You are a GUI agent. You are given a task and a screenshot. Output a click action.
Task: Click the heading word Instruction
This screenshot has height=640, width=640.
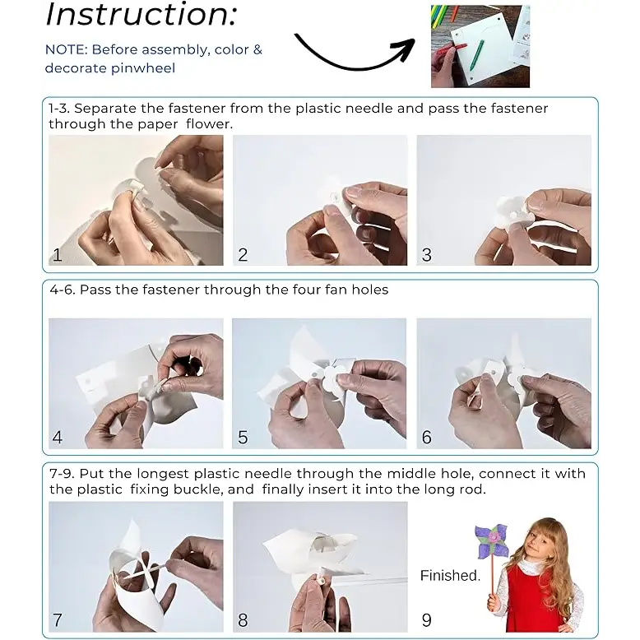[x=141, y=15]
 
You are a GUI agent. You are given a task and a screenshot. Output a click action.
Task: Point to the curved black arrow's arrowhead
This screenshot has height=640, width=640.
[x=406, y=49]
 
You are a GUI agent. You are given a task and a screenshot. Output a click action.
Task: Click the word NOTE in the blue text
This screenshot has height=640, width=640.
[x=66, y=49]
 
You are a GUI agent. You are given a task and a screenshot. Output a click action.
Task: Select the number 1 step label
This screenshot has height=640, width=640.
[x=57, y=255]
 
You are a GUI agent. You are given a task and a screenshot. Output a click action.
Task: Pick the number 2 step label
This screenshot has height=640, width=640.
[x=243, y=255]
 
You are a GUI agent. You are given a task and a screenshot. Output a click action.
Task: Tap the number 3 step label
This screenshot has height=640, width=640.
[x=427, y=255]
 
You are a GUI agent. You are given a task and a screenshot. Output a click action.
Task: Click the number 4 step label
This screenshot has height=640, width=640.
[x=58, y=438]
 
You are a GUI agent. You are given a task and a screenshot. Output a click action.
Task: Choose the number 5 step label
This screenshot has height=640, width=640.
[x=243, y=438]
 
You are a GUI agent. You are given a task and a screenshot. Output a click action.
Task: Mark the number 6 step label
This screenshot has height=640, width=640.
[x=427, y=438]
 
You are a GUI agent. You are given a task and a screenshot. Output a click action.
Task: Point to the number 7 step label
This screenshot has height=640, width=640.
[x=58, y=620]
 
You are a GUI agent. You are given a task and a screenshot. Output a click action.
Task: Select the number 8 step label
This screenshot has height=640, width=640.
[x=243, y=620]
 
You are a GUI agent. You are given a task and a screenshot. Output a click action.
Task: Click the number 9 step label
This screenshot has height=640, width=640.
[x=427, y=620]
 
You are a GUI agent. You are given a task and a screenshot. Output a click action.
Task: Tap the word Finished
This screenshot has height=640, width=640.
[x=450, y=576]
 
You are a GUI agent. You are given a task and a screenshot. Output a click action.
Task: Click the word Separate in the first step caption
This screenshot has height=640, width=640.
[x=105, y=109]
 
